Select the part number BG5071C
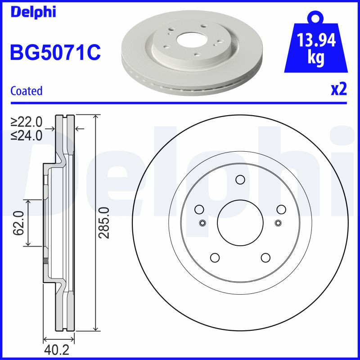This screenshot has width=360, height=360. [x=54, y=53]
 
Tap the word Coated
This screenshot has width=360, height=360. [x=26, y=91]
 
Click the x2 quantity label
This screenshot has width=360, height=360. [x=339, y=90]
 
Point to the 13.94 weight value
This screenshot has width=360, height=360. [x=316, y=41]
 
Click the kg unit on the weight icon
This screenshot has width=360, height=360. [x=316, y=59]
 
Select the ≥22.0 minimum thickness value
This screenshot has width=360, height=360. [x=27, y=122]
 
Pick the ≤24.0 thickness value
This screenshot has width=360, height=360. [x=27, y=135]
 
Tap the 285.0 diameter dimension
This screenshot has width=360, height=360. [x=104, y=223]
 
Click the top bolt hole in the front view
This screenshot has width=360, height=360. [x=240, y=181]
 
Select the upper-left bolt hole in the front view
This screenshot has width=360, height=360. [x=199, y=209]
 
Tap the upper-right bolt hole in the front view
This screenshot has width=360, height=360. [x=281, y=209]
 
